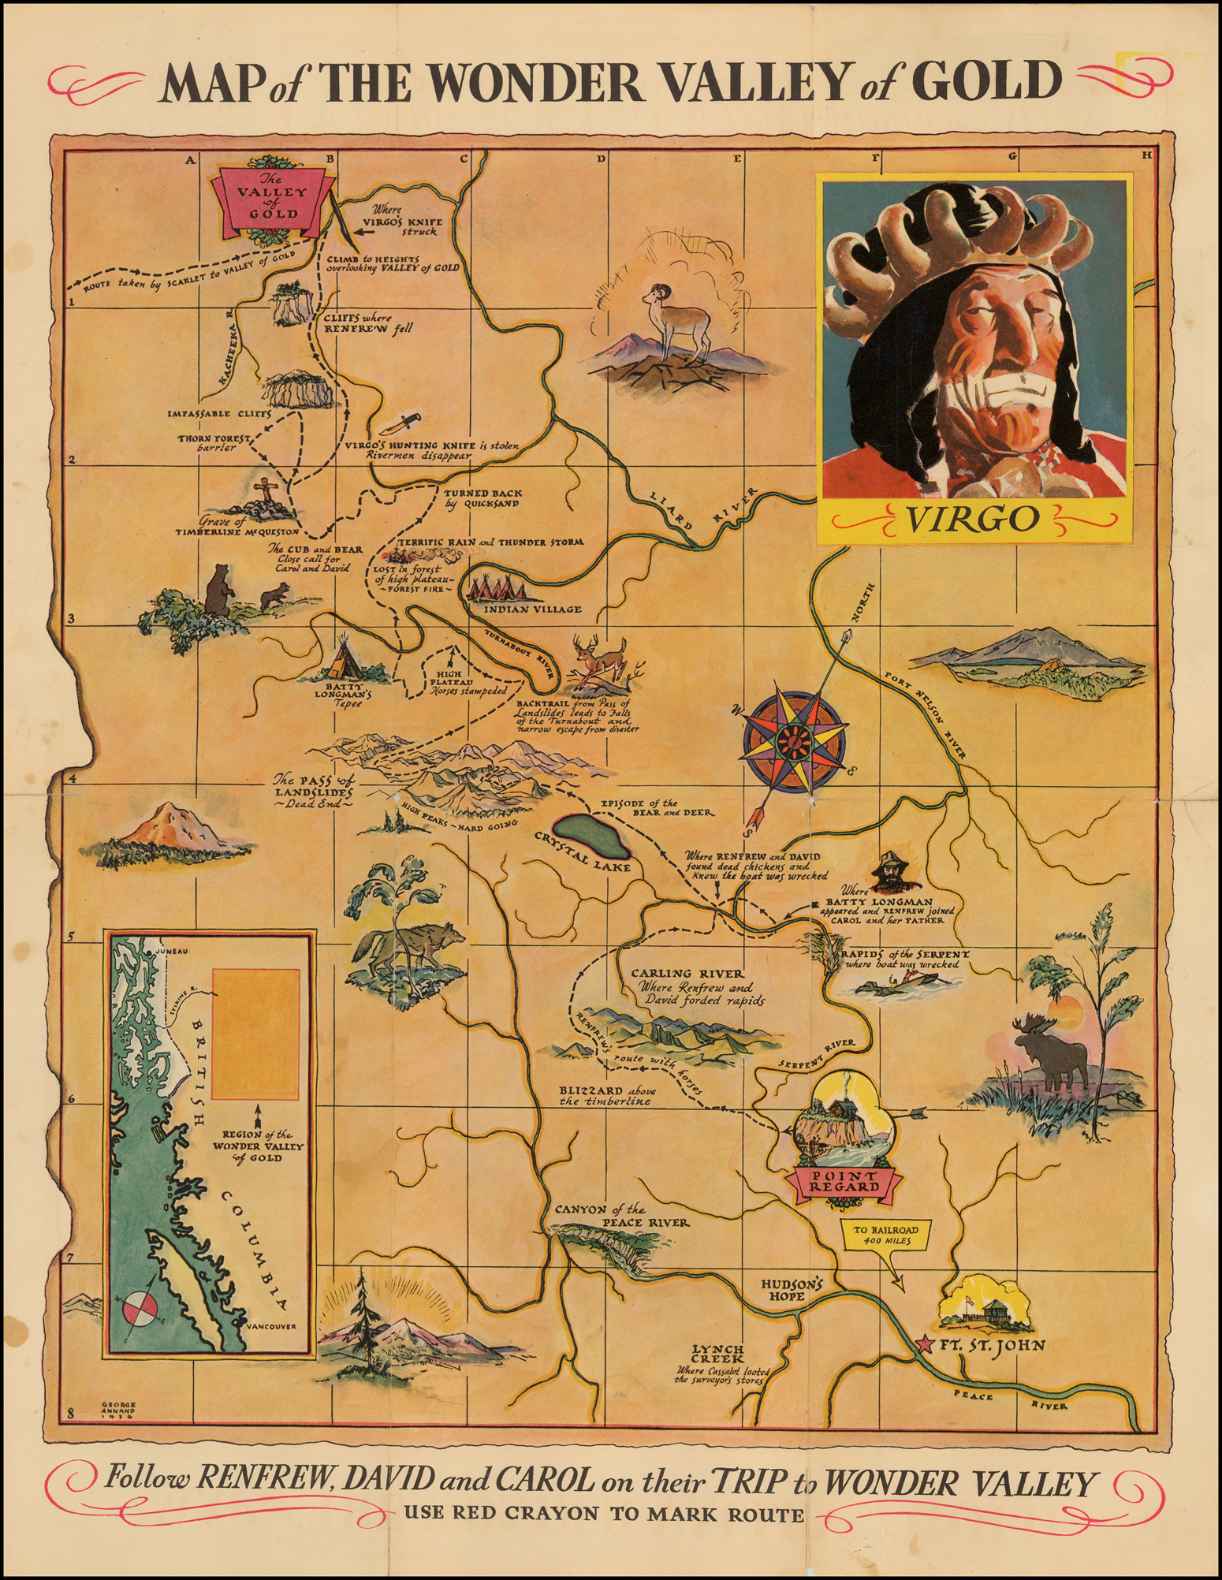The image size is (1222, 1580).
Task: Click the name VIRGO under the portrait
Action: [x=972, y=519]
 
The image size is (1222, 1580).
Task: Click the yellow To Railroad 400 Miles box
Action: [x=880, y=1234]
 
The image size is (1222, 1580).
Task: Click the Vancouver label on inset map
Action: [x=270, y=1325]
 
